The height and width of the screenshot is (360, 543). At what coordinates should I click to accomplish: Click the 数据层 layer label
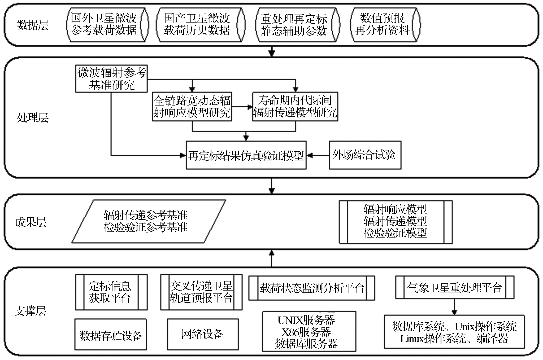(x=33, y=25)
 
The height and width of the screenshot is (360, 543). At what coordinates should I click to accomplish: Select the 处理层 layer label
(x=32, y=117)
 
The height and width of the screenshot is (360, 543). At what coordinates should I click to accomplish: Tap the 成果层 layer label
(x=31, y=222)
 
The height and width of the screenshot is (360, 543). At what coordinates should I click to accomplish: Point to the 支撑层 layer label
(x=30, y=311)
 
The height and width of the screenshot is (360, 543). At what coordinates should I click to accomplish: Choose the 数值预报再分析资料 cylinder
(x=385, y=25)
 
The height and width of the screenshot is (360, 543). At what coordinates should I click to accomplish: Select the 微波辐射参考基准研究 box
(x=111, y=79)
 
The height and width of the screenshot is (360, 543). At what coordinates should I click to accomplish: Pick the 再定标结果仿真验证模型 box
(x=246, y=155)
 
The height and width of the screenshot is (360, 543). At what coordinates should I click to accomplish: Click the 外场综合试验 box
(x=365, y=155)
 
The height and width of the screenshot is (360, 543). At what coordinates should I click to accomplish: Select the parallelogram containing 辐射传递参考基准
(x=148, y=221)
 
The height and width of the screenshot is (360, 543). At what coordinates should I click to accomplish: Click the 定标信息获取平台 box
(x=111, y=292)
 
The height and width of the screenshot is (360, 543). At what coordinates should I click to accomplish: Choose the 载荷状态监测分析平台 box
(x=311, y=288)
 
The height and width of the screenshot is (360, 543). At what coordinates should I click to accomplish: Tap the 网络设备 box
(x=203, y=334)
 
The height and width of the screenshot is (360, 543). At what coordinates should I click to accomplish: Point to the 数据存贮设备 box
(x=111, y=335)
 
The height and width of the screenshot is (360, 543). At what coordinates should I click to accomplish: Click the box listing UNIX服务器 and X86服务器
(x=309, y=332)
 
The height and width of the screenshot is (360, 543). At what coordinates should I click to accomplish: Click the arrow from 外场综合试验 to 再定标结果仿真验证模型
(x=318, y=155)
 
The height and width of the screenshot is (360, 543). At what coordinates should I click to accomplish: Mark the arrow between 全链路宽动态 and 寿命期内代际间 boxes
(x=242, y=107)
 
